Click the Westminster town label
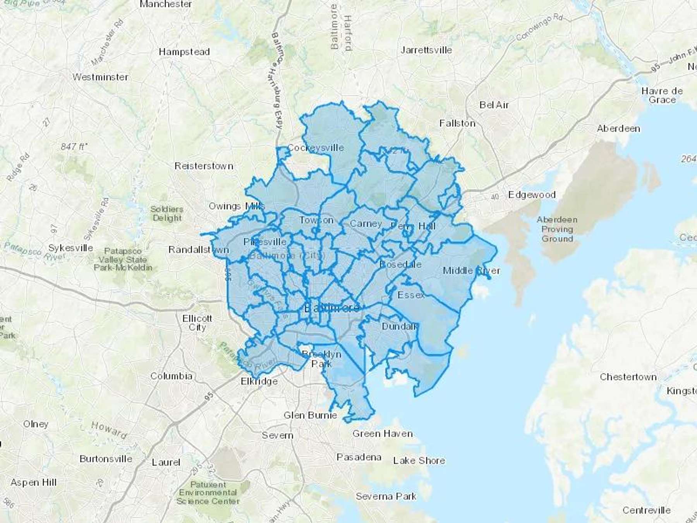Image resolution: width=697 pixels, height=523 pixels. pyautogui.click(x=100, y=77)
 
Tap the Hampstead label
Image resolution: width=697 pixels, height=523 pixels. pyautogui.click(x=184, y=52)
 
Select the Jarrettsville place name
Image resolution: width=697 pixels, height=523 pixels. pyautogui.click(x=426, y=50)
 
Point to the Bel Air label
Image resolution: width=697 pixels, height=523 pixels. pyautogui.click(x=494, y=105)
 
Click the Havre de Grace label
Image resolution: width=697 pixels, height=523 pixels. pyautogui.click(x=662, y=95)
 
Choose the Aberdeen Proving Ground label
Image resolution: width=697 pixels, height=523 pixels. pyautogui.click(x=557, y=229)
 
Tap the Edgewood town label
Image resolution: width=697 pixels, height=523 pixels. pyautogui.click(x=532, y=195)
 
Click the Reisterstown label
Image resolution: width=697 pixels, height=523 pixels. pyautogui.click(x=204, y=166)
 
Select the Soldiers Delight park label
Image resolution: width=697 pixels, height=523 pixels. pyautogui.click(x=167, y=213)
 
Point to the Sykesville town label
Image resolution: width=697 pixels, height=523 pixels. pyautogui.click(x=70, y=248)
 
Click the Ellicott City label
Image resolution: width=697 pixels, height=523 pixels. pyautogui.click(x=197, y=323)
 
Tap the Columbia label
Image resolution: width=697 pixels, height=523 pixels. pyautogui.click(x=171, y=376)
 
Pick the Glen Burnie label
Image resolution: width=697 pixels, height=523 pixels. pyautogui.click(x=310, y=416)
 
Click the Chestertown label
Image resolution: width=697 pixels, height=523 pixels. pyautogui.click(x=628, y=377)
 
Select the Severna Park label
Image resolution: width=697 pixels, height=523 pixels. pyautogui.click(x=386, y=496)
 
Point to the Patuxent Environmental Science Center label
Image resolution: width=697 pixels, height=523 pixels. pyautogui.click(x=208, y=493)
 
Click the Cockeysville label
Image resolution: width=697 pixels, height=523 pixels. pyautogui.click(x=316, y=148)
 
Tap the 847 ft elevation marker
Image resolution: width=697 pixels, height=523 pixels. pyautogui.click(x=74, y=147)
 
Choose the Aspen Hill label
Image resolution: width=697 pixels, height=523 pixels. pyautogui.click(x=33, y=483)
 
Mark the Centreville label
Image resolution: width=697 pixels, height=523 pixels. pyautogui.click(x=646, y=510)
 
